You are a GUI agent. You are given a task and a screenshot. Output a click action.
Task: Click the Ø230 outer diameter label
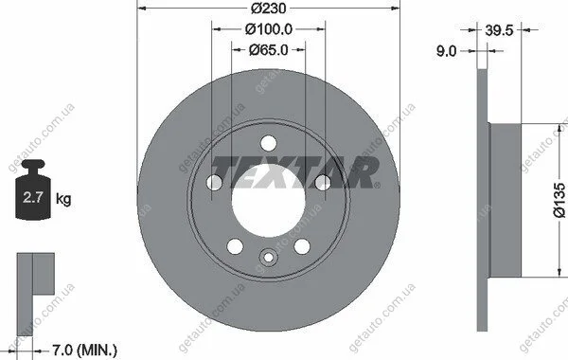tap(269, 8)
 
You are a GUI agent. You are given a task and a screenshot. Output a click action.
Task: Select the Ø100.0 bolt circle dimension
tap(269, 29)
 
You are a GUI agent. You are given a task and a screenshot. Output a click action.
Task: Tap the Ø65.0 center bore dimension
tap(269, 49)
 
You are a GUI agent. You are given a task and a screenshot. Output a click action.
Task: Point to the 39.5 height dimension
tap(499, 30)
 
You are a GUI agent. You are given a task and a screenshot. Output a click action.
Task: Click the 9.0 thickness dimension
tap(446, 51)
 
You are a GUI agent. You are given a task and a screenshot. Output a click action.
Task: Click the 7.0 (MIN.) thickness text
tap(85, 351)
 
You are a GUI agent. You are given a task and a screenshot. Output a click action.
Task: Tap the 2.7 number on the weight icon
tap(33, 198)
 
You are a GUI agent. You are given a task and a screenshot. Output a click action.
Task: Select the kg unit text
tap(63, 199)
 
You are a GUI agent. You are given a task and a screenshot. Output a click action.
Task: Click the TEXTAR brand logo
tap(295, 172)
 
